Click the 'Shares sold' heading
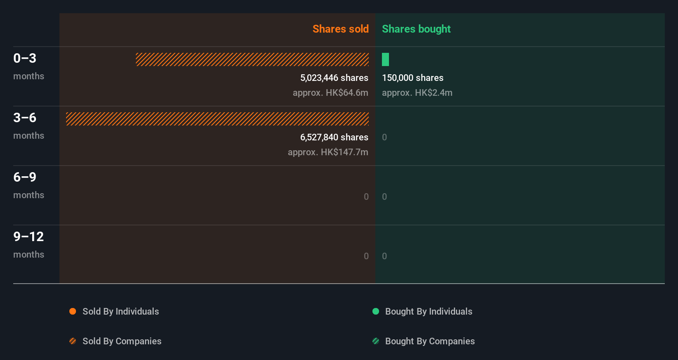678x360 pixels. (x=340, y=29)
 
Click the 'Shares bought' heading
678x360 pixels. (x=416, y=29)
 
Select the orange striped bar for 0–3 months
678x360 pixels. (x=252, y=59)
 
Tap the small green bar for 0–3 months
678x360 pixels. (x=385, y=59)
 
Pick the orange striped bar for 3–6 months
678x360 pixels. (x=217, y=119)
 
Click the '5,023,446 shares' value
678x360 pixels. (x=334, y=78)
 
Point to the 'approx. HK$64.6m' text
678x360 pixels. (x=330, y=92)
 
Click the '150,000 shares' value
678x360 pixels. (x=412, y=78)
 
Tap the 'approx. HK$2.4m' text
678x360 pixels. (x=417, y=92)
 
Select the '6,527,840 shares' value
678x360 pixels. (x=334, y=137)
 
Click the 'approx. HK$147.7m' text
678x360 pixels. (x=328, y=152)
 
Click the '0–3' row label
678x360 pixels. (x=25, y=58)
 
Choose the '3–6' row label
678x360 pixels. (x=25, y=118)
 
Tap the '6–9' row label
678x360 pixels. (x=25, y=177)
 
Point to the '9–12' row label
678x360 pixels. (x=28, y=237)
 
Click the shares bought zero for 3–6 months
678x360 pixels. (x=384, y=137)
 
